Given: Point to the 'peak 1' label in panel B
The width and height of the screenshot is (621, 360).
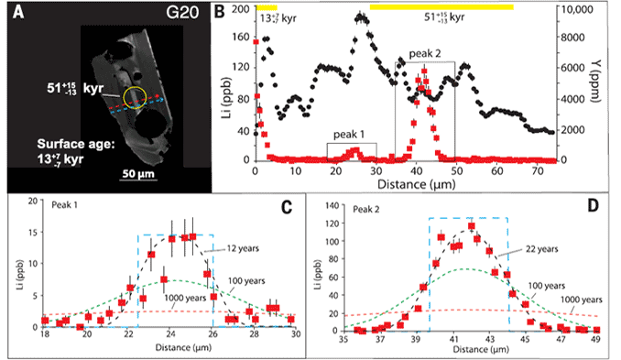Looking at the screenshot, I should coord(350,136).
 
